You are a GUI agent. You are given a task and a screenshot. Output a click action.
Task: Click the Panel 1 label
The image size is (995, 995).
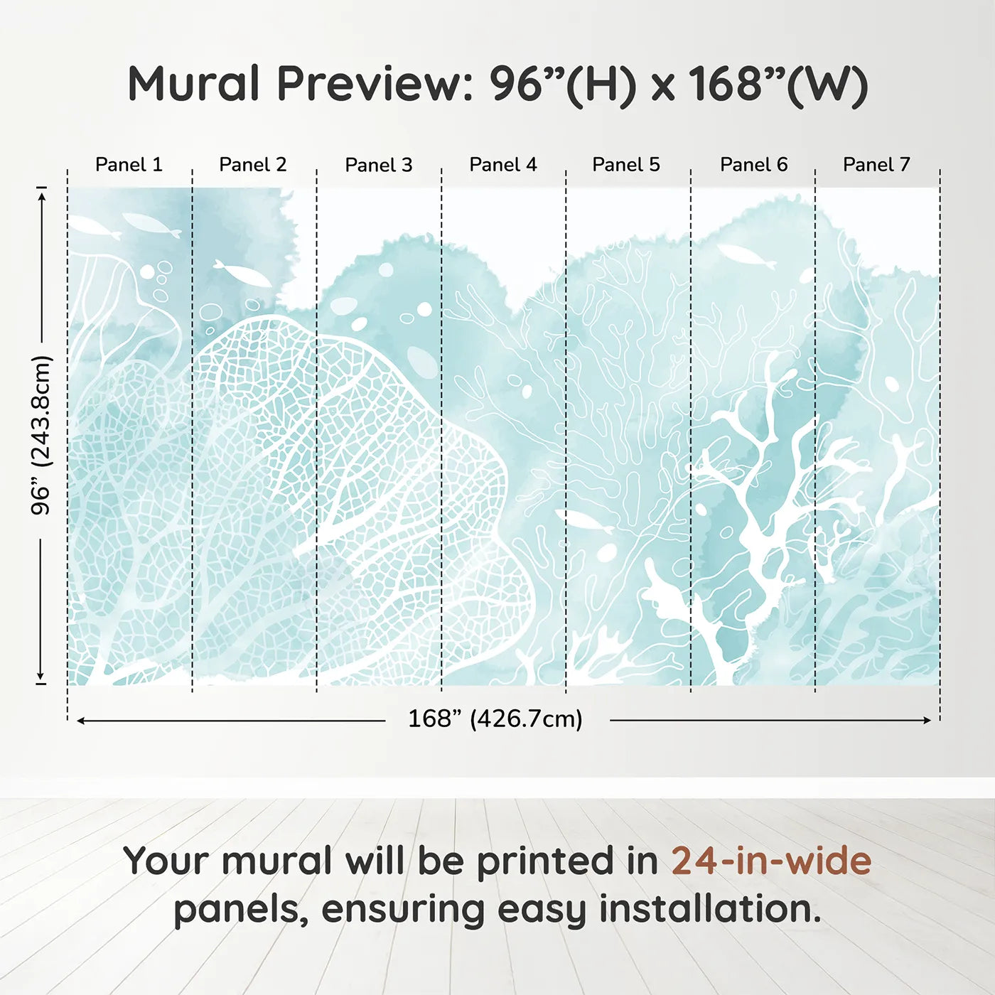(x=129, y=165)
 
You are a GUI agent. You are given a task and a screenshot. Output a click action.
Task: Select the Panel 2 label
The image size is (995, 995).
(x=252, y=165)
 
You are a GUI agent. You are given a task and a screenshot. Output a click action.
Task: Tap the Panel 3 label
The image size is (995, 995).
(x=378, y=165)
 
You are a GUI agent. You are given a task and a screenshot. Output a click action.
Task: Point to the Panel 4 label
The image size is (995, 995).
(x=502, y=165)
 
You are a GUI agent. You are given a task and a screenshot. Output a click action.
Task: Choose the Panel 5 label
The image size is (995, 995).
(x=625, y=165)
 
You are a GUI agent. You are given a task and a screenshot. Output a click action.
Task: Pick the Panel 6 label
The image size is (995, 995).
(x=753, y=165)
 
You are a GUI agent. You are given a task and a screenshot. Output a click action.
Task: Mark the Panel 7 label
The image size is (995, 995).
(x=876, y=165)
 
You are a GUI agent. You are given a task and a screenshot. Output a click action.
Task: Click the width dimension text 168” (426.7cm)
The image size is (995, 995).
(x=495, y=719)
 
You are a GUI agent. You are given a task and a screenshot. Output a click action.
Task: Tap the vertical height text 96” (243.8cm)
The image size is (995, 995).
(x=41, y=435)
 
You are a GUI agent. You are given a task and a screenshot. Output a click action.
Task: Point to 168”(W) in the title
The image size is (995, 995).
(x=778, y=84)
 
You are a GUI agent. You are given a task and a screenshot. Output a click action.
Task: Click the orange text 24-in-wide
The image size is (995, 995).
(x=771, y=861)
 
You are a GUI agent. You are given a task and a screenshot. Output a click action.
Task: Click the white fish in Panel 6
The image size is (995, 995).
(x=746, y=255)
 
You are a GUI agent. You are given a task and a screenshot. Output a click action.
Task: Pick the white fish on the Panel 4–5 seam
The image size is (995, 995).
(x=584, y=521)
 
